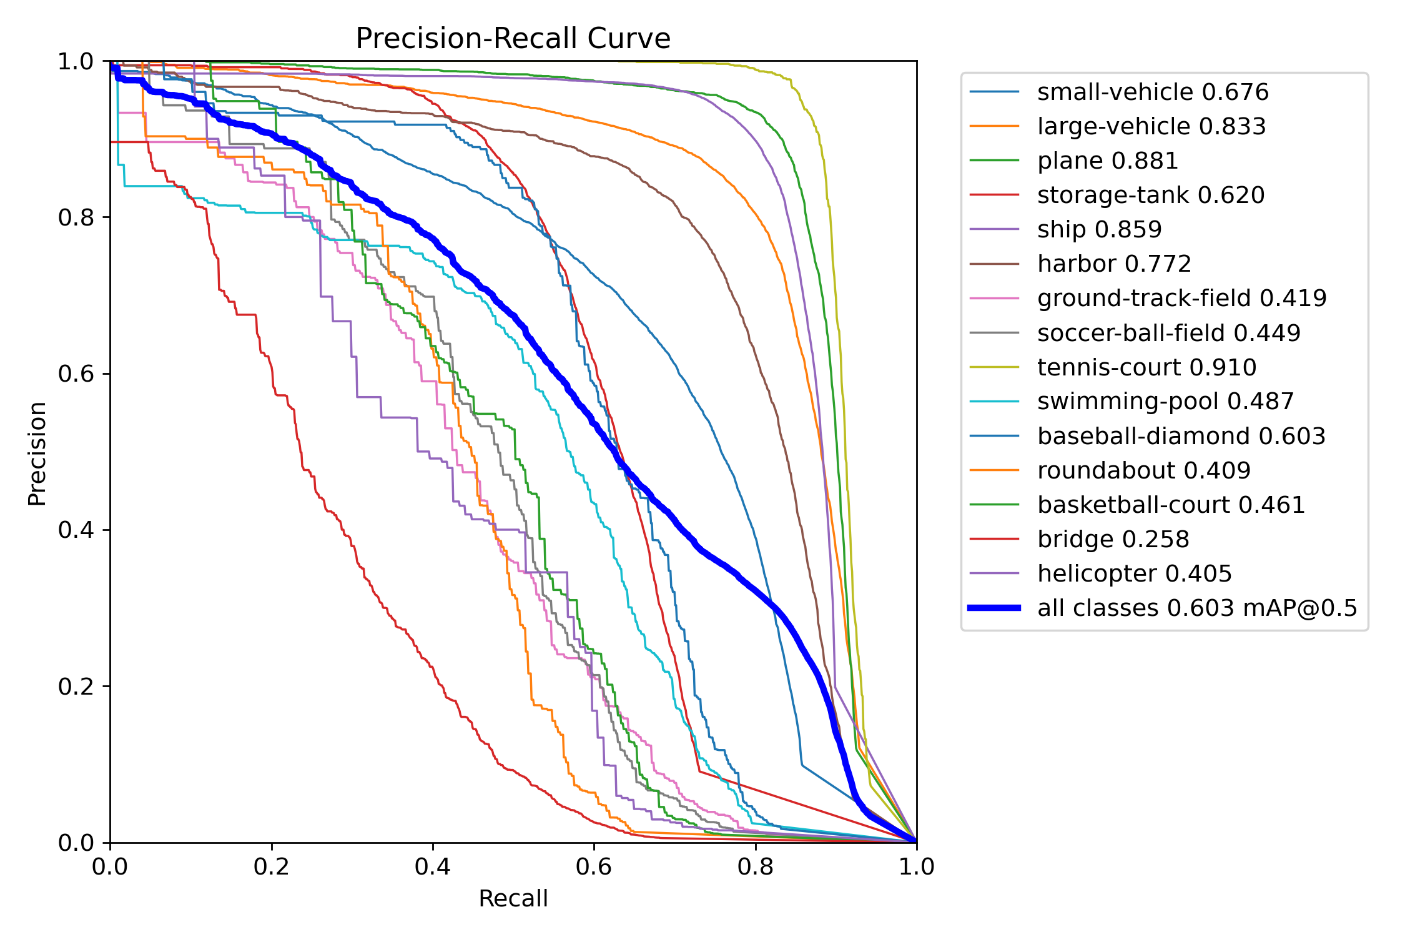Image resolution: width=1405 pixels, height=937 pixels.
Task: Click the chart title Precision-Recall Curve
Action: [513, 39]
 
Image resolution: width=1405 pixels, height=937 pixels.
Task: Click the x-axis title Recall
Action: [513, 898]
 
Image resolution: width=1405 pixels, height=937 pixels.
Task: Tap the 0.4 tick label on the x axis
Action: [433, 866]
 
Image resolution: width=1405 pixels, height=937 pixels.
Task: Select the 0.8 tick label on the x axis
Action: [756, 866]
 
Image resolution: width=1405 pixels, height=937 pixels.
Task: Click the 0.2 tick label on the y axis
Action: [75, 687]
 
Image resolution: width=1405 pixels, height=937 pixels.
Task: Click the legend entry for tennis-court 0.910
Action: [1146, 367]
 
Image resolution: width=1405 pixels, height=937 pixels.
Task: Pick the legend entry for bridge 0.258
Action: [1113, 539]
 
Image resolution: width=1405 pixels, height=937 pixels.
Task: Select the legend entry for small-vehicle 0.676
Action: [1153, 92]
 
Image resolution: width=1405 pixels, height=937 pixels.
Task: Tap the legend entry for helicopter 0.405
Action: [1134, 573]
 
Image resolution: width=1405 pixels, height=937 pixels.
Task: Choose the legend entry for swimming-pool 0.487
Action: [1165, 402]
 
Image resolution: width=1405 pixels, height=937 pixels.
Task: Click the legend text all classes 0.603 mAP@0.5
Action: [1197, 608]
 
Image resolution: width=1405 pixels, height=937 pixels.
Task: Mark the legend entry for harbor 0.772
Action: [1114, 264]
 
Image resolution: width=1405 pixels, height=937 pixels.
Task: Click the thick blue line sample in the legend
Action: [994, 608]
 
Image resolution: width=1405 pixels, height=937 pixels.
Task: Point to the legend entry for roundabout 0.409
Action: [1143, 470]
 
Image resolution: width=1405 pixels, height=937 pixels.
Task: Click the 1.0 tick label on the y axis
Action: [75, 61]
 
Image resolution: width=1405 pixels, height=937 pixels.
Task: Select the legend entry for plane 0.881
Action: [1107, 161]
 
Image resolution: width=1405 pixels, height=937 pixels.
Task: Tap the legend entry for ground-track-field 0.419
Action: [1181, 299]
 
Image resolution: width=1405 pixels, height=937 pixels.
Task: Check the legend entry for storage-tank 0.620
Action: [1150, 196]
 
